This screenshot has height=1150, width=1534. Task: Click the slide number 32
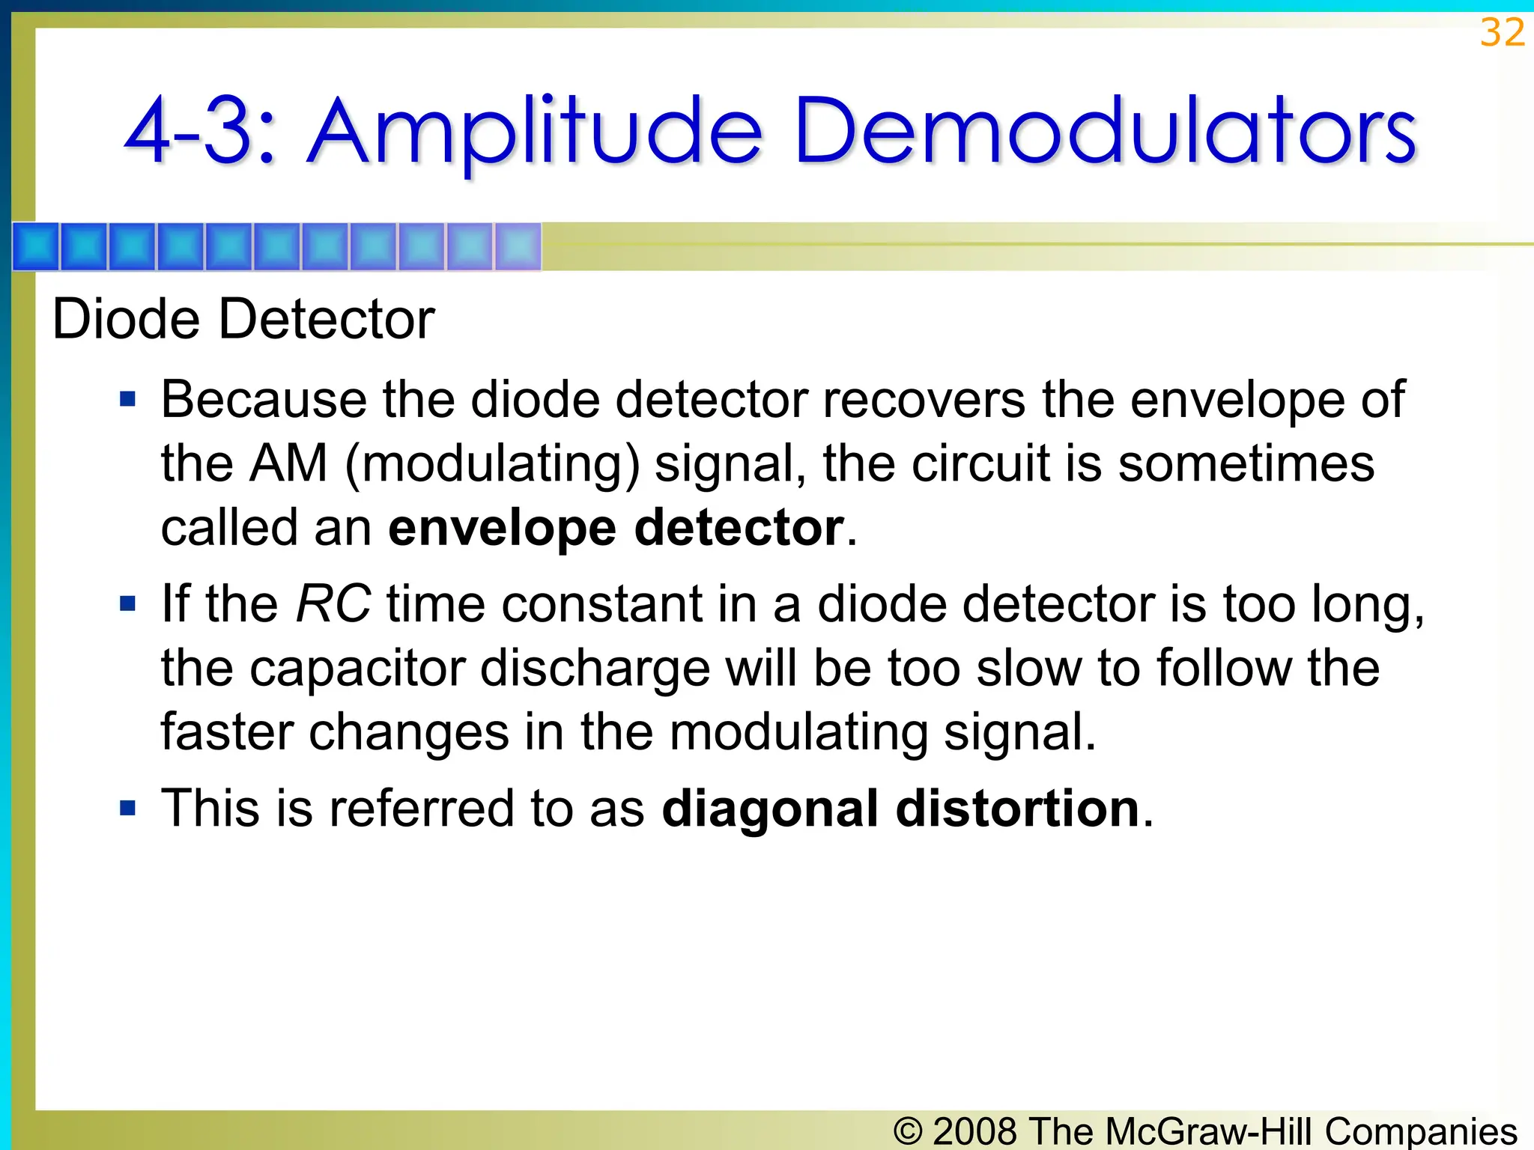(1502, 33)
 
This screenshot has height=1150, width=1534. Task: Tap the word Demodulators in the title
(1104, 132)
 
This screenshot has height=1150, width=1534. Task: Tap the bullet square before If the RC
(128, 603)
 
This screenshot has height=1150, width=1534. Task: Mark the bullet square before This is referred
(128, 808)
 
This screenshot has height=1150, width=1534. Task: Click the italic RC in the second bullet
(333, 603)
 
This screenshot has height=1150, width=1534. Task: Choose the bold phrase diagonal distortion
(901, 809)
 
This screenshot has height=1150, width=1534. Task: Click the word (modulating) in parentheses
(492, 463)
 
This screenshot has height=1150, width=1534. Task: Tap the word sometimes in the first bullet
(1246, 463)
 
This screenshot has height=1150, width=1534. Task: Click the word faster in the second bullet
(227, 731)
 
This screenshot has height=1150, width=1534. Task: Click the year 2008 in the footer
(976, 1131)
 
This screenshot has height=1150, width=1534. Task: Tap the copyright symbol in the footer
(908, 1131)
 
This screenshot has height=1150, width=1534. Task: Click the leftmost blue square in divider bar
(36, 246)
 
